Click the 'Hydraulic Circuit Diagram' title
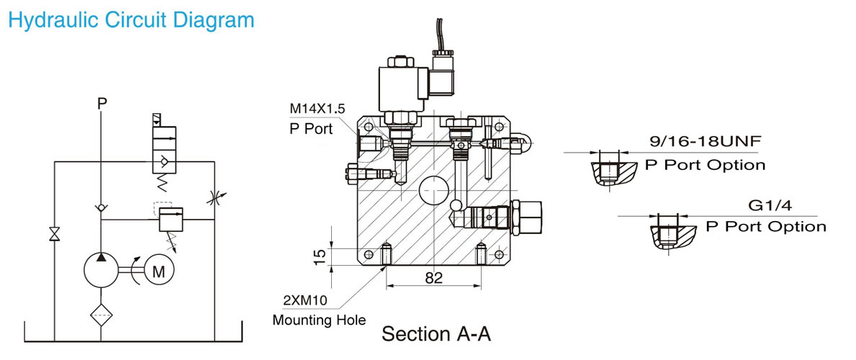(x=132, y=20)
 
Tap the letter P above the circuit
(x=101, y=103)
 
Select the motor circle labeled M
(x=158, y=271)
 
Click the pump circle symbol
(x=101, y=270)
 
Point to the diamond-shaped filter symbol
(x=101, y=315)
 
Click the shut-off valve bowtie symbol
(x=54, y=234)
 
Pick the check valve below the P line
(x=101, y=207)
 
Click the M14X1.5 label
(x=317, y=108)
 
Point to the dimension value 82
(x=433, y=277)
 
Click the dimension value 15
(x=322, y=256)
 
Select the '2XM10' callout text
(x=302, y=300)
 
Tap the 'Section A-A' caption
(x=436, y=333)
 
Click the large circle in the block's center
(x=433, y=191)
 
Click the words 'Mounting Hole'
(x=320, y=320)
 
